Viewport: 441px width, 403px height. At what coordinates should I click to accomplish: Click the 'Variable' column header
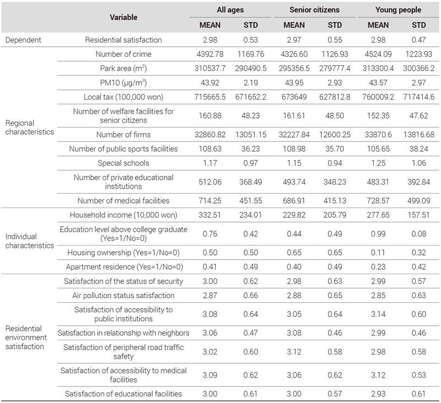[123, 18]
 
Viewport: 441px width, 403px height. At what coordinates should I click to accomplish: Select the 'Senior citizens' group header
[314, 10]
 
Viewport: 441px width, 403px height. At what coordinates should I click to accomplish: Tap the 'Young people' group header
[398, 10]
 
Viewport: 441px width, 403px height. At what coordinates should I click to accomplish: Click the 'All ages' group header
[230, 10]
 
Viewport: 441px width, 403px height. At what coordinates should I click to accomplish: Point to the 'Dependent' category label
[23, 40]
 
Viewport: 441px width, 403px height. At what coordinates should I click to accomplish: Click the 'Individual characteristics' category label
[30, 241]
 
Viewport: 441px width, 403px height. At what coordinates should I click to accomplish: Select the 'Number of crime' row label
[123, 54]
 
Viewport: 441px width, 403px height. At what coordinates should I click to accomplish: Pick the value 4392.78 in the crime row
[210, 54]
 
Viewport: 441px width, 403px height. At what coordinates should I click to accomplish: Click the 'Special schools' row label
[123, 163]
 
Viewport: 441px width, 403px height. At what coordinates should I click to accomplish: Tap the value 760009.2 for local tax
[378, 97]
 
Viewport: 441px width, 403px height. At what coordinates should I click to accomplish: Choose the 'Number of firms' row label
[123, 134]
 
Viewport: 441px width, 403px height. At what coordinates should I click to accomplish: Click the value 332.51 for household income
[210, 215]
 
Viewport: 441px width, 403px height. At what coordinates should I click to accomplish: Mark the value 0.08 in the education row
[419, 233]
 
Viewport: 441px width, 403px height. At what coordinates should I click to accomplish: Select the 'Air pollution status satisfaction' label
[123, 296]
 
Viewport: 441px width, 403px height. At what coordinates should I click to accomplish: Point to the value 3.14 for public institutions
[378, 314]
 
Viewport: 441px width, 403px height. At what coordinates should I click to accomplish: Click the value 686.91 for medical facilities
[294, 200]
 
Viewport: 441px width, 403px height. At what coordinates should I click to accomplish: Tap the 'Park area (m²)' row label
[123, 68]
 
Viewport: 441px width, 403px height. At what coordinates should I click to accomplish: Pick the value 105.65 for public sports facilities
[378, 149]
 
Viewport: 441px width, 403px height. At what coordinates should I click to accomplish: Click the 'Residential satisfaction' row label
[123, 40]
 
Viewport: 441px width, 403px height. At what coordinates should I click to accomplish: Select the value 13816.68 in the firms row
[419, 134]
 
